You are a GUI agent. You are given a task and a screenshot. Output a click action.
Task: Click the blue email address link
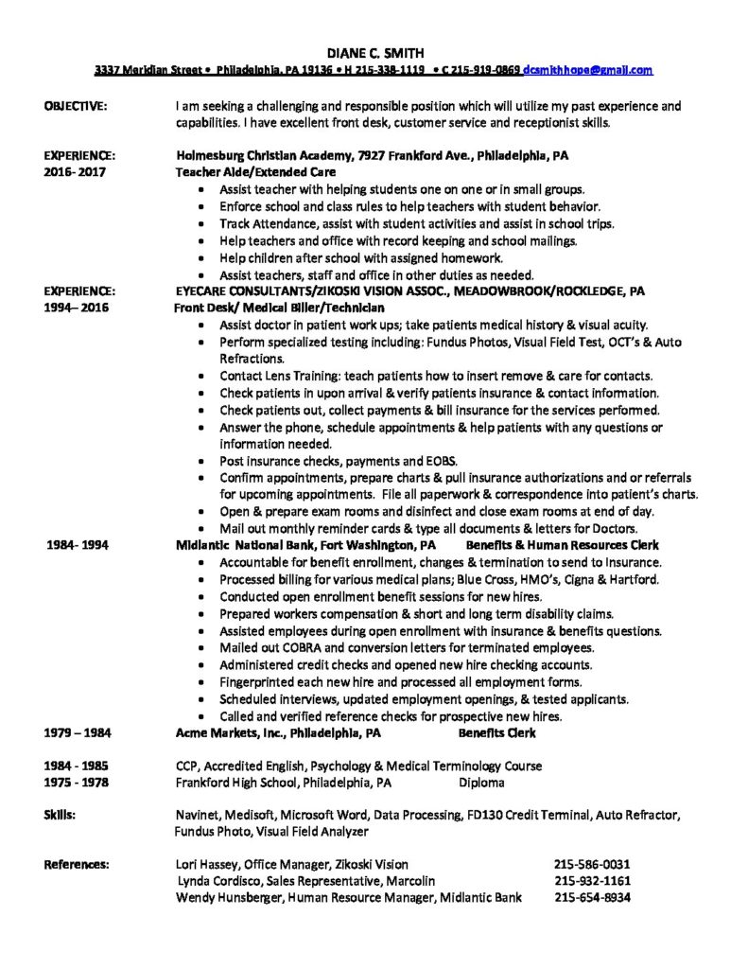tap(587, 70)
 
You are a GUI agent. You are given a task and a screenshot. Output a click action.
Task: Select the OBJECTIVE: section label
tap(77, 106)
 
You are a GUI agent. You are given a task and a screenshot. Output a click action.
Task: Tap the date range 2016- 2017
tap(74, 172)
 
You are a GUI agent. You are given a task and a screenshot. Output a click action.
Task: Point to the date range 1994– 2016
tap(74, 308)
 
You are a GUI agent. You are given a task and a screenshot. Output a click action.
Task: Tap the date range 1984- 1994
tap(77, 545)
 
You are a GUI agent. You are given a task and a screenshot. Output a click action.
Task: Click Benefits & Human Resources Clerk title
tap(563, 545)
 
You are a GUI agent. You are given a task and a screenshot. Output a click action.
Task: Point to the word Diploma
tap(481, 783)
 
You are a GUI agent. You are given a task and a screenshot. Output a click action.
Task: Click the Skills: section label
tap(61, 814)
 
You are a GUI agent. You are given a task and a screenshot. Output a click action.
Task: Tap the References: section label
tap(77, 864)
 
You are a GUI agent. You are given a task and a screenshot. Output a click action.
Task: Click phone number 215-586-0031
tap(592, 864)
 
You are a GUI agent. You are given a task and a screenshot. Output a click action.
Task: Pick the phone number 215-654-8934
tap(592, 898)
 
